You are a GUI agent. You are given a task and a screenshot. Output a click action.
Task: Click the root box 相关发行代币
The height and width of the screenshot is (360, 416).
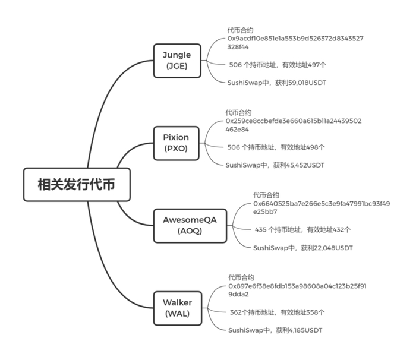point(77,184)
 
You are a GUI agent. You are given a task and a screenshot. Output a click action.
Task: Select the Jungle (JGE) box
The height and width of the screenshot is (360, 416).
point(177,61)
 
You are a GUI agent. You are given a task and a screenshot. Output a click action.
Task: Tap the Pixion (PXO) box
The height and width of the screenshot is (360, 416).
point(176,143)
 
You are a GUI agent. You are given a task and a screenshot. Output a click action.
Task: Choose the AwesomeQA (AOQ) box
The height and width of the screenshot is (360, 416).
point(190,226)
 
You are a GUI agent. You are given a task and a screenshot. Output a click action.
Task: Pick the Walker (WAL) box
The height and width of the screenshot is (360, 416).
point(178,308)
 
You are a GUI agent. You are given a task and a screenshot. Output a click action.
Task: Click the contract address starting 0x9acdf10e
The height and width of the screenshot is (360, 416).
point(295,42)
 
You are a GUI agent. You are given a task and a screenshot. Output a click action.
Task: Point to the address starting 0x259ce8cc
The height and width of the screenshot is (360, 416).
point(294,125)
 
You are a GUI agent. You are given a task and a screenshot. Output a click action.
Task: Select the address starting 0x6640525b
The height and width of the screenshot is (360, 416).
point(322,208)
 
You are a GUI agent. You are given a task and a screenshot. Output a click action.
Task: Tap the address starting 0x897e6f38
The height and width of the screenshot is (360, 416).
point(297,290)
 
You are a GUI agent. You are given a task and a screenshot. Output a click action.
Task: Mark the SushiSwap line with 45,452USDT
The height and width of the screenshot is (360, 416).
point(275,165)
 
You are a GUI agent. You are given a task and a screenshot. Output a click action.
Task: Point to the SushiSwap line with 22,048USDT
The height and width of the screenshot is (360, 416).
point(303,248)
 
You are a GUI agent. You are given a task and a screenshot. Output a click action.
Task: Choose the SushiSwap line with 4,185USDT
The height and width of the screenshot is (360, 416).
point(275,330)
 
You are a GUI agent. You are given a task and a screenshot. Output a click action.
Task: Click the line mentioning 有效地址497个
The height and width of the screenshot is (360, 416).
point(278,65)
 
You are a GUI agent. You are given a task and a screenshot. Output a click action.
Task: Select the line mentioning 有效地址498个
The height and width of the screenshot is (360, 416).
point(276,147)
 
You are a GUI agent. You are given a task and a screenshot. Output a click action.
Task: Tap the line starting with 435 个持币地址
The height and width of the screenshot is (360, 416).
point(302,230)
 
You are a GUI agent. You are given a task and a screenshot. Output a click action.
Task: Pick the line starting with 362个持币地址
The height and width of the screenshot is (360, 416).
point(278,312)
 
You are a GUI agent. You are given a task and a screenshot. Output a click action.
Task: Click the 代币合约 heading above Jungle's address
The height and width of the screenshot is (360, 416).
point(240,30)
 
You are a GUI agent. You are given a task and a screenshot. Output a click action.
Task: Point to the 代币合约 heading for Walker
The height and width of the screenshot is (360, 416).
point(241,278)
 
